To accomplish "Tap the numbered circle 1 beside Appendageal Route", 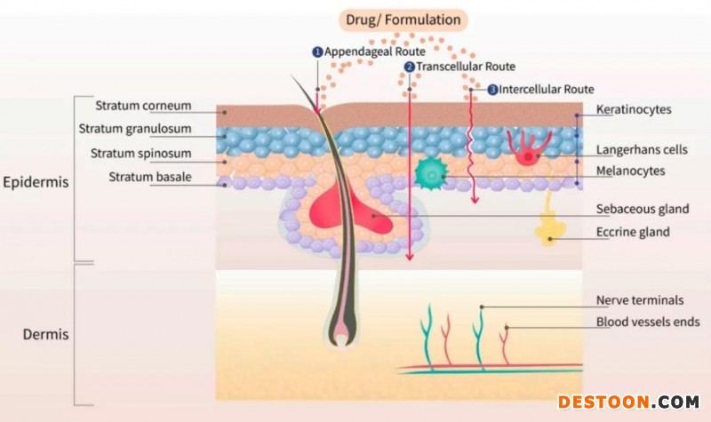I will (316, 52).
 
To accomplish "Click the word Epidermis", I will (36, 181).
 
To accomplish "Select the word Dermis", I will (47, 335).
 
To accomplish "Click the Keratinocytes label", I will (634, 109).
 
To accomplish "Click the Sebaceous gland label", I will (643, 210).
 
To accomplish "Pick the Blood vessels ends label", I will (648, 322).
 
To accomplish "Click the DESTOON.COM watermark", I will (628, 402).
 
